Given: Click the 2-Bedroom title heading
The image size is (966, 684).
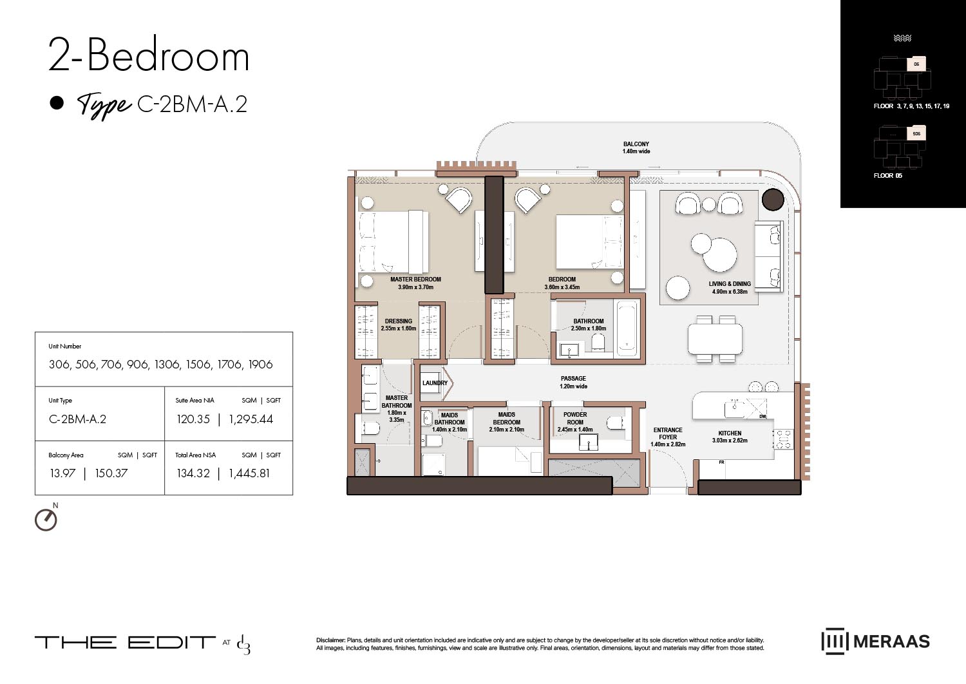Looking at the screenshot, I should [x=149, y=56].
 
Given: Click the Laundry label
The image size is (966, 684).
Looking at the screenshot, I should [x=435, y=383].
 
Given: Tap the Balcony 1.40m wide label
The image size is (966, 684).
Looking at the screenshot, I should [x=636, y=147].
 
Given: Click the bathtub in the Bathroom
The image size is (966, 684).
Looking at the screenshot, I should [x=627, y=328].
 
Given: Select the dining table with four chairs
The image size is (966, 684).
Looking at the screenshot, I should [x=715, y=339].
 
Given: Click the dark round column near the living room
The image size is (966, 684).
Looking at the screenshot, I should [x=773, y=200].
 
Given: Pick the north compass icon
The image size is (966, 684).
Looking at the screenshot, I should [x=46, y=519].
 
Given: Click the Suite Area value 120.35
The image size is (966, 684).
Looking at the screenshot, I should [x=193, y=419].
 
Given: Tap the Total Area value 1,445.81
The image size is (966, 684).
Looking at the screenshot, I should [x=249, y=473].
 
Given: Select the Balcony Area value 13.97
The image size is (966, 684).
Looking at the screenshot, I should [x=62, y=473].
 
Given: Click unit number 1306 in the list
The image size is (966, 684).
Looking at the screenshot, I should [x=167, y=365].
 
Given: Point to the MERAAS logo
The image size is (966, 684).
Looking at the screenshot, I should [x=875, y=641].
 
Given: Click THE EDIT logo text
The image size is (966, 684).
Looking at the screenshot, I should [x=125, y=642].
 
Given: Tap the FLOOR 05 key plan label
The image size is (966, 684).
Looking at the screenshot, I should [x=887, y=175].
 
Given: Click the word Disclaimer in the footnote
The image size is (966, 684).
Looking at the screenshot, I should [x=330, y=640].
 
